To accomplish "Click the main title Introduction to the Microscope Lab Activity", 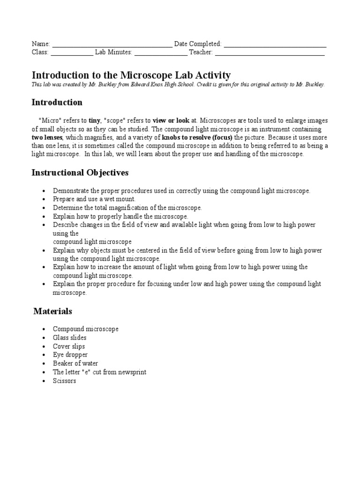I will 131,75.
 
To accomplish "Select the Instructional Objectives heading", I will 80,172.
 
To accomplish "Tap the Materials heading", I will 52,311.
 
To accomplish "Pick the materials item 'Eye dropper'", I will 70,355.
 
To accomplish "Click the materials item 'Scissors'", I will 64,381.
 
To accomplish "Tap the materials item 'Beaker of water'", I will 75,363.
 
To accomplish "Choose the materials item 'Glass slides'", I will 69,337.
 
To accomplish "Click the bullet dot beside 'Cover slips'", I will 44,346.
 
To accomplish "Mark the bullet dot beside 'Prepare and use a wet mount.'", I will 44,199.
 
